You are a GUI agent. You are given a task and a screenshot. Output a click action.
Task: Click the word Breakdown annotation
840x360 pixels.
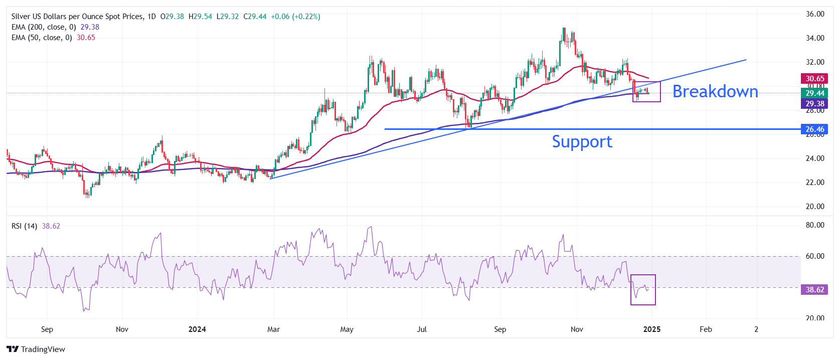pos(715,91)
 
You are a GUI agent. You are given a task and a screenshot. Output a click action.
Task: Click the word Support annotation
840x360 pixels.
pos(582,142)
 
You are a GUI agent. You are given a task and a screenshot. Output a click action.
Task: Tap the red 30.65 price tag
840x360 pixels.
pos(815,78)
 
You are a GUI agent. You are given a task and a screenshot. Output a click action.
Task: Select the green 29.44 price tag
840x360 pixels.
pos(815,93)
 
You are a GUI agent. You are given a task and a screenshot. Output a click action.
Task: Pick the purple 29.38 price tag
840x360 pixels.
pos(815,104)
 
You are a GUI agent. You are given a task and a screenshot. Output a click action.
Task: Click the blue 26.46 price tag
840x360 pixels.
pos(815,129)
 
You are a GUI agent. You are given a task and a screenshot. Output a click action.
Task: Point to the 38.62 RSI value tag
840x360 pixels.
pos(815,290)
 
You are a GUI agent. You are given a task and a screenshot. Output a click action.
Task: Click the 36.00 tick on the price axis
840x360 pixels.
pos(815,14)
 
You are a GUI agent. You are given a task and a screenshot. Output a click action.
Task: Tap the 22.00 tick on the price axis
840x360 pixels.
pos(815,183)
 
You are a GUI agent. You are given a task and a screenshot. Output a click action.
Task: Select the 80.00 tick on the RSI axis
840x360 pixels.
pos(815,225)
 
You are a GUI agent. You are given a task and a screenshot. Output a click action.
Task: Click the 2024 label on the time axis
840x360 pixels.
pos(197,329)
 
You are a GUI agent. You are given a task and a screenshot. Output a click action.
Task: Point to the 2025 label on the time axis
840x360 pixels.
pos(651,329)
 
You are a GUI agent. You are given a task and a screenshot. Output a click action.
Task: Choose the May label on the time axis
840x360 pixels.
pos(347,329)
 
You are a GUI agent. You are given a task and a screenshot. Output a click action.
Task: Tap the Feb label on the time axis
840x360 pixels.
pos(706,329)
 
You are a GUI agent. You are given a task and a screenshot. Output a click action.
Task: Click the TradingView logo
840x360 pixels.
pos(36,349)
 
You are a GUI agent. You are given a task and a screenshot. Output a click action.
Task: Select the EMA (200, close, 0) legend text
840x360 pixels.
pos(44,27)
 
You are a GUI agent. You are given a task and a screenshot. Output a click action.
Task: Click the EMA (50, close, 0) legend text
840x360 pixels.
pos(42,38)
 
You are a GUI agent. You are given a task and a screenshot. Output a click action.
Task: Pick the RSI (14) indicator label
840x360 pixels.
pos(24,226)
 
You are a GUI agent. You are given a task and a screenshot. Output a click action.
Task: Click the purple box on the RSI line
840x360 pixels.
pos(643,290)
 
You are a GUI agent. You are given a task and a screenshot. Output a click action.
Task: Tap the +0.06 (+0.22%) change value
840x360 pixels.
pos(295,17)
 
